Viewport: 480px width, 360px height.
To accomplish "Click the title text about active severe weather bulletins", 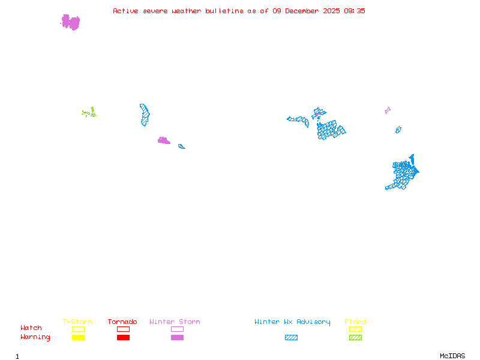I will tap(239, 11).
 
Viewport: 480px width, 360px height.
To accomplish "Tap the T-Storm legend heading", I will tap(77, 322).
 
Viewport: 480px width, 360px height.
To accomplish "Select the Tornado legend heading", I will tap(122, 322).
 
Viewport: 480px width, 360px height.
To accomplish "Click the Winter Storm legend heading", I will tap(175, 322).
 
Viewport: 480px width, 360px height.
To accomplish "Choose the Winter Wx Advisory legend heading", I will tap(292, 322).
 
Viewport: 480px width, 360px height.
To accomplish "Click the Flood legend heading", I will tap(355, 322).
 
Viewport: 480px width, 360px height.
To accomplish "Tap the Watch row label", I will tap(31, 328).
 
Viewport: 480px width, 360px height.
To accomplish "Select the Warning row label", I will tap(35, 337).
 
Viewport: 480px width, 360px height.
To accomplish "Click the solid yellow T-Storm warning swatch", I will tap(78, 337).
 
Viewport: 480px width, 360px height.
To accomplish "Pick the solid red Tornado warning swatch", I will tap(123, 337).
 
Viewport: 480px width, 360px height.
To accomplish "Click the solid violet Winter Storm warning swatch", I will tap(177, 337).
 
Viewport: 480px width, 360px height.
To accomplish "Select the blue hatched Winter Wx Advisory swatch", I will tap(291, 337).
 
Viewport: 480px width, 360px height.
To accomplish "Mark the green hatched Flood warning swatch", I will tap(355, 337).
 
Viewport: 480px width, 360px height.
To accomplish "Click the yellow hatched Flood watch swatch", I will tap(355, 329).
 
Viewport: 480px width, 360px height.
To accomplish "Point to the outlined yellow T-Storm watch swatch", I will tap(78, 329).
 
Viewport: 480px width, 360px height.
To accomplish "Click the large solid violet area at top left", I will tap(71, 22).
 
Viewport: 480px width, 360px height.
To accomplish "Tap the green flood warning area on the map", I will tap(89, 112).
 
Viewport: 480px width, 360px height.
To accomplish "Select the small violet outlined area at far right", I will tap(388, 110).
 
